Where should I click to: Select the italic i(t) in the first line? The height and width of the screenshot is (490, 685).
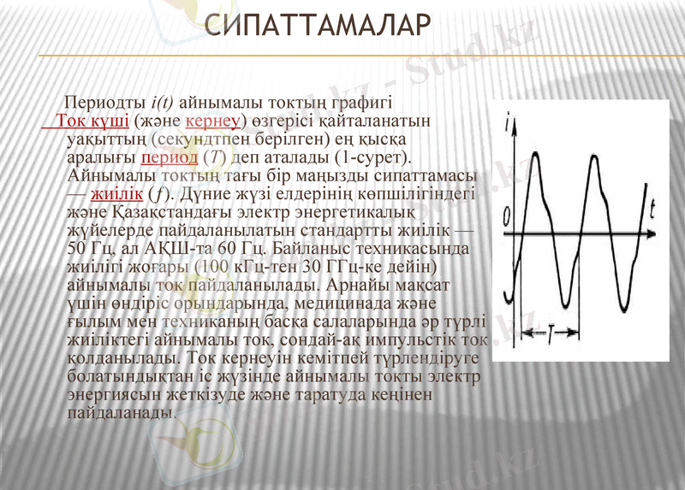tap(163, 101)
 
